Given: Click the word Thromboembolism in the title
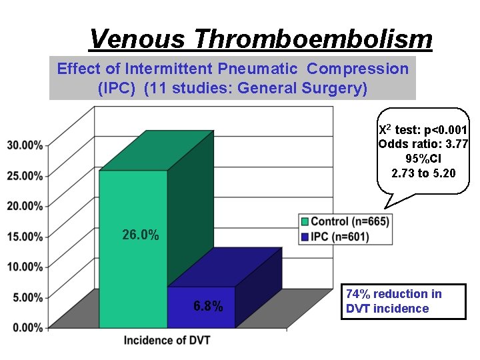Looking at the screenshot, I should [x=313, y=39].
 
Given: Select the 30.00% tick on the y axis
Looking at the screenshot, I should [x=25, y=145].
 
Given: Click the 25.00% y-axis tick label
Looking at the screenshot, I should [x=25, y=176].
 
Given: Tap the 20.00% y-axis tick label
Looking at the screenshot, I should [x=25, y=206].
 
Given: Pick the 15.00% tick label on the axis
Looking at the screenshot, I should [x=25, y=237].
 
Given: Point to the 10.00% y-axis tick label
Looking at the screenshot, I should [x=25, y=267].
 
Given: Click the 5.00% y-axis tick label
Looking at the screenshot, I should [x=27, y=297].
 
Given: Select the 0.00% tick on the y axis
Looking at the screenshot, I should [x=27, y=327].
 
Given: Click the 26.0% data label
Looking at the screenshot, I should [x=141, y=235].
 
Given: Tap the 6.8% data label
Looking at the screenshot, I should [x=208, y=307].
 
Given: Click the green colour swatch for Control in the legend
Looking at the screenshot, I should [x=305, y=221].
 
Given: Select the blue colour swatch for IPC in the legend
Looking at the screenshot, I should [x=305, y=237].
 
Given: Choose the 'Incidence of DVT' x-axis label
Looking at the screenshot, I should [x=167, y=341].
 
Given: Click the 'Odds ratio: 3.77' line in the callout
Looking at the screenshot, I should [x=423, y=144].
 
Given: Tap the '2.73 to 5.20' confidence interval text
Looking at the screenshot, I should [x=423, y=173].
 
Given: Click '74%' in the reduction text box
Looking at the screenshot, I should [x=359, y=294].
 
